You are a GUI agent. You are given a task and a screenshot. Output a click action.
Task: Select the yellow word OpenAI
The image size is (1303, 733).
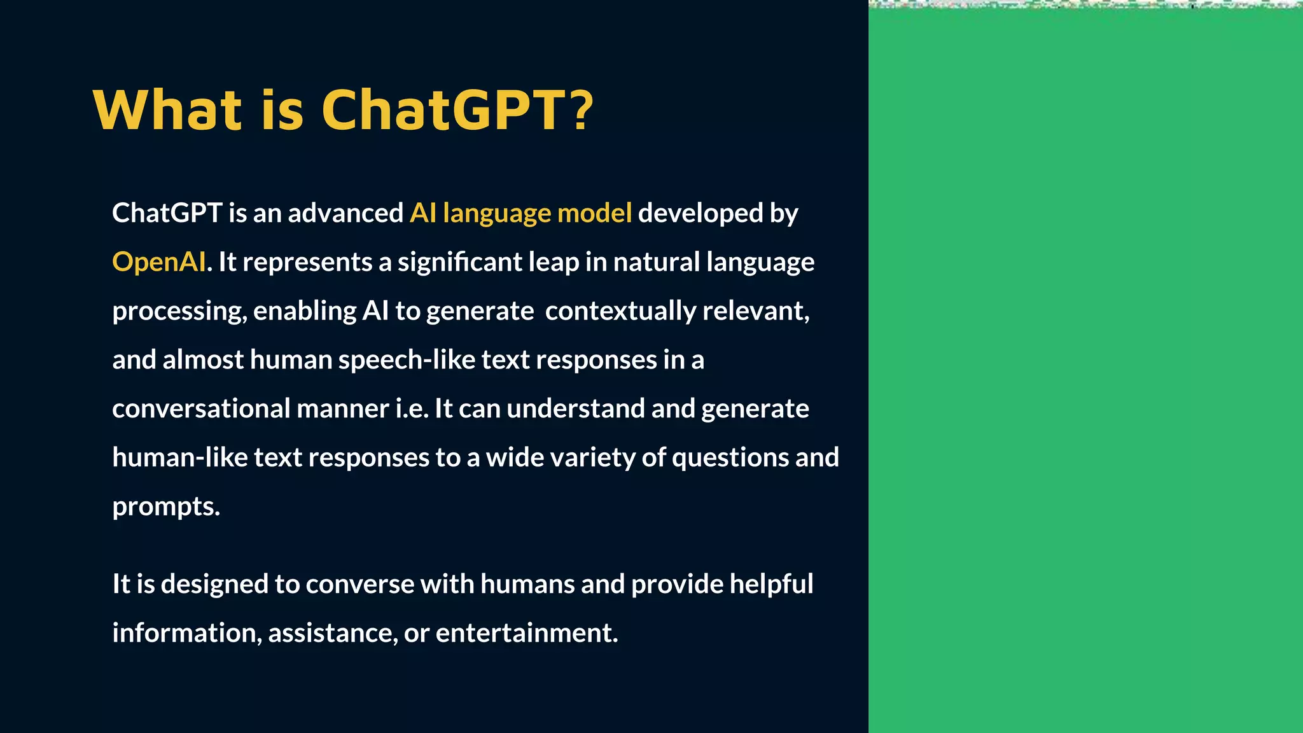(x=159, y=262)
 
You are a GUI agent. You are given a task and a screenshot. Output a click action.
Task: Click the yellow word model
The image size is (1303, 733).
(x=594, y=213)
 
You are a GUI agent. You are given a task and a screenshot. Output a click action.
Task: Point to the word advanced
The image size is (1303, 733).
(x=345, y=213)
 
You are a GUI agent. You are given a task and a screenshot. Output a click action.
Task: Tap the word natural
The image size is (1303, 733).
(x=657, y=262)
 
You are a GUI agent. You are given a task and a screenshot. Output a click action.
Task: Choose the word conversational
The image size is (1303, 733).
(x=201, y=408)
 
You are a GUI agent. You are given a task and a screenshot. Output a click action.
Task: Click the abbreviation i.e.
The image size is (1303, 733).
(x=412, y=408)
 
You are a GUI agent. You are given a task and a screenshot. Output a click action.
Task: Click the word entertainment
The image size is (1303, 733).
(x=526, y=633)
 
